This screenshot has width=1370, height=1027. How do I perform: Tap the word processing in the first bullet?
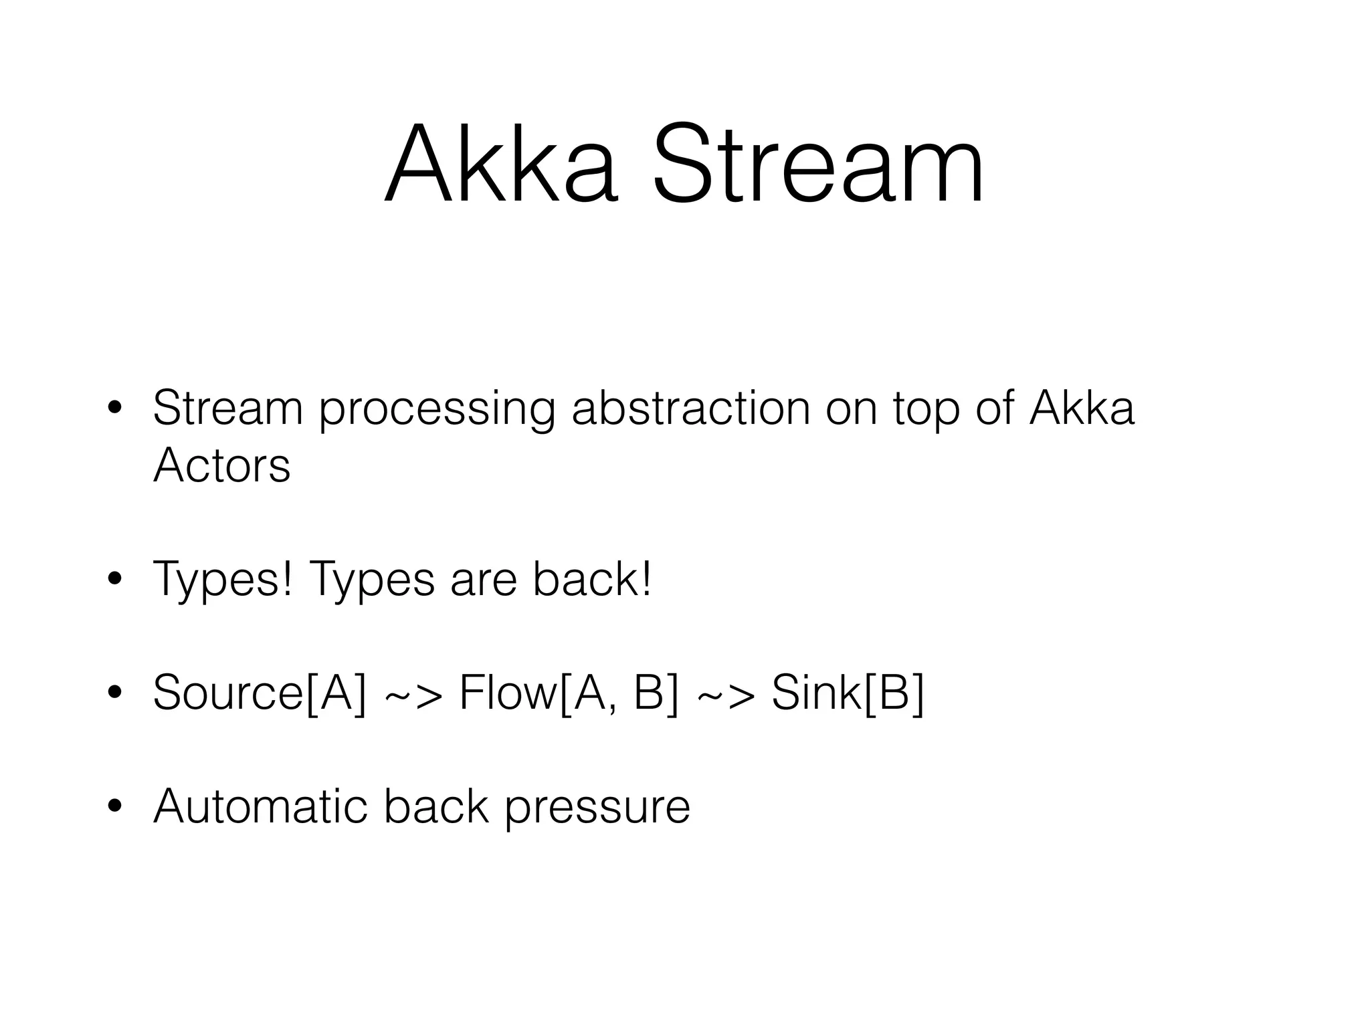click(437, 409)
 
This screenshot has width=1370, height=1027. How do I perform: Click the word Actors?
click(221, 465)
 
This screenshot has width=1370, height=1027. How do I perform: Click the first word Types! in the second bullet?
click(223, 580)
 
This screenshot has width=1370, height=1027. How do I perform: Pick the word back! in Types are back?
click(592, 579)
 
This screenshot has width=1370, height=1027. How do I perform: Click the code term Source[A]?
click(260, 693)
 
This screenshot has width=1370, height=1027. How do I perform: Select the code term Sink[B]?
click(848, 693)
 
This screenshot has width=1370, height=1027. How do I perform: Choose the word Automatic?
click(260, 806)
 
